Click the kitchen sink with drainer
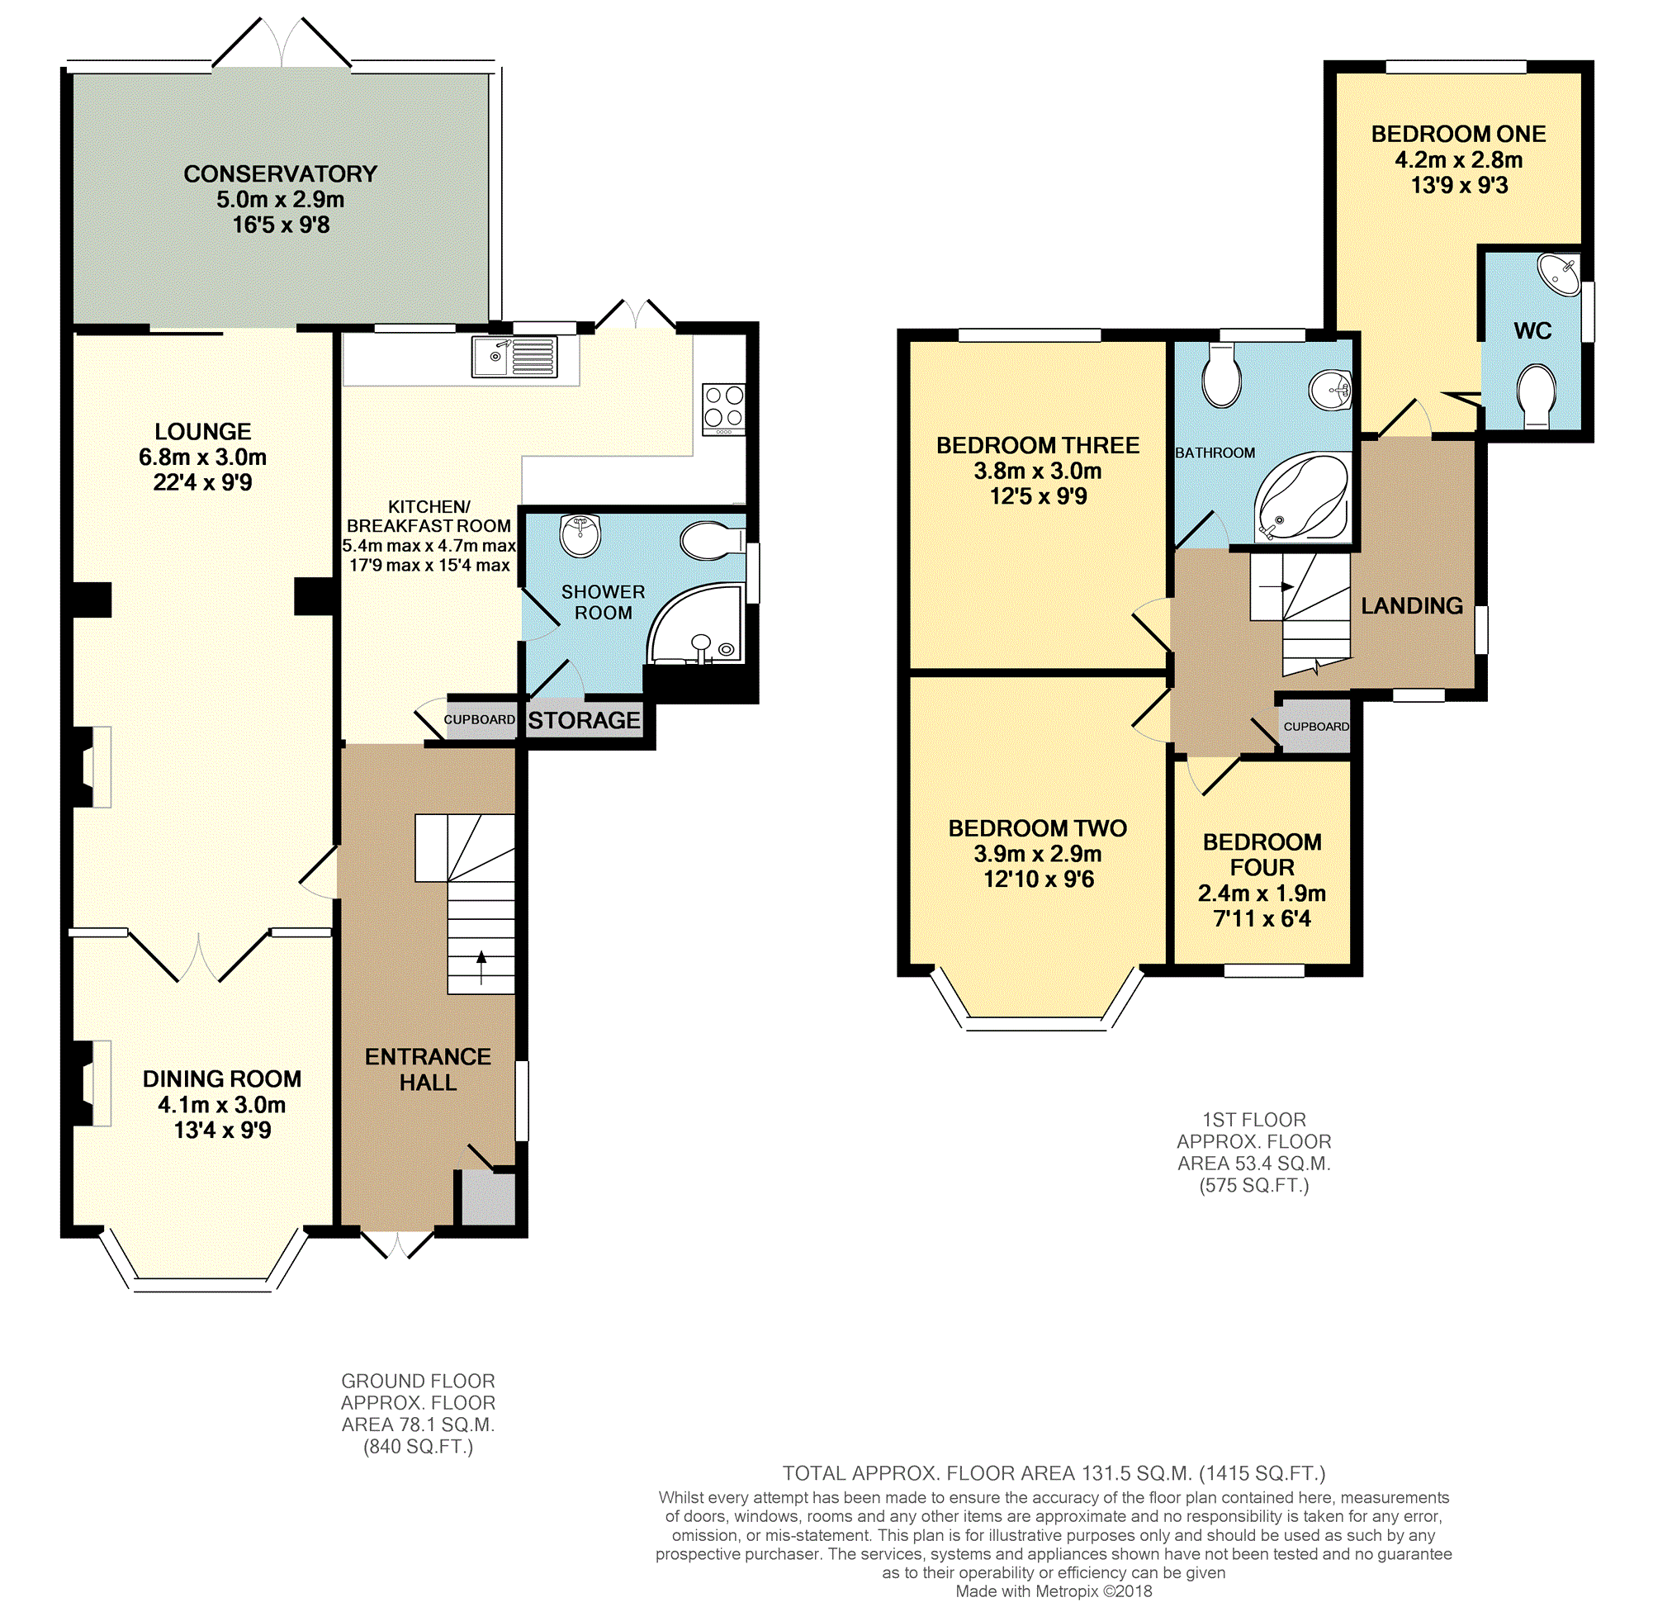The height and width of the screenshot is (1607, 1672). (x=514, y=357)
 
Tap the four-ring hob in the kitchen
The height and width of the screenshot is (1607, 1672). (x=723, y=410)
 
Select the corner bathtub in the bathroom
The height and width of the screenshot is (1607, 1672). (x=1302, y=497)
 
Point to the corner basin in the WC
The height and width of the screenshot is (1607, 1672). (x=1561, y=274)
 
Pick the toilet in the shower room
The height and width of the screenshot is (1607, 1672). (x=713, y=540)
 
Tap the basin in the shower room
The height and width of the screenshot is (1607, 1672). (x=581, y=535)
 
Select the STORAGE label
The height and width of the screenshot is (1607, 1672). (x=585, y=721)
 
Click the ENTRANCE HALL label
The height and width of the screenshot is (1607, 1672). (x=429, y=1069)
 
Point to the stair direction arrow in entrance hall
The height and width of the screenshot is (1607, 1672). (x=481, y=968)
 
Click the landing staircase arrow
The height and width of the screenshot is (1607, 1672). (x=1276, y=586)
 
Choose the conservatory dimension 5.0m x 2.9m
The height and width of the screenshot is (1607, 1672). (x=281, y=200)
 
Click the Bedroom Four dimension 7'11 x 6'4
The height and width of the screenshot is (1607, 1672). (x=1262, y=918)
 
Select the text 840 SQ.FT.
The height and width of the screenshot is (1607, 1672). (x=418, y=1447)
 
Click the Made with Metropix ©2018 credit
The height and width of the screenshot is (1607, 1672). (x=1054, y=1591)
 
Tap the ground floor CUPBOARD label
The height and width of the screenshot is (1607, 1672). (x=480, y=720)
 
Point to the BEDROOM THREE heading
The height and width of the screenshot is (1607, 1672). (x=1038, y=445)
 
